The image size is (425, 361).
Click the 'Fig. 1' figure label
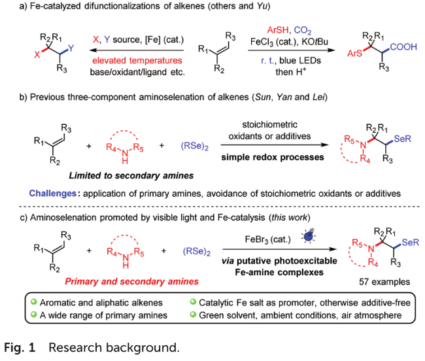(x=21, y=347)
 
